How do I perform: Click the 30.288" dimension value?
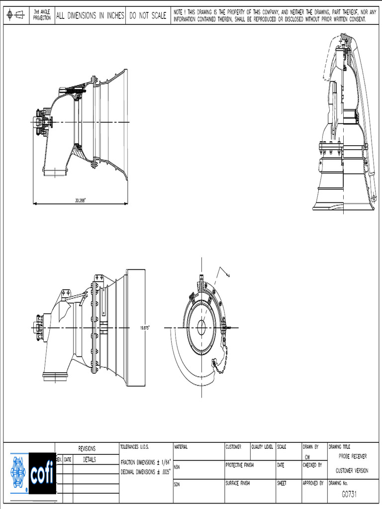pos(80,200)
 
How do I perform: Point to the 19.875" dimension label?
pos(145,328)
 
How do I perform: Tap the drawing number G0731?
pos(349,494)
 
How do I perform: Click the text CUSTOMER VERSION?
pos(352,470)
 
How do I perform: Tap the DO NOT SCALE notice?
pos(148,16)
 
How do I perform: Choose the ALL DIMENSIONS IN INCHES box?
pos(90,16)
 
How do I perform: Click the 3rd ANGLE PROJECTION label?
pos(42,15)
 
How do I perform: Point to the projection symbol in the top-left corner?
pos(16,15)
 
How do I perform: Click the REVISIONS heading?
pos(87,448)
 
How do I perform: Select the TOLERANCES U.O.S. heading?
pos(135,447)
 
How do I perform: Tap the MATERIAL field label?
pos(181,447)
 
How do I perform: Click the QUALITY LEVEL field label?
pos(263,447)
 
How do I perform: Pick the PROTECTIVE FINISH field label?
pos(240,465)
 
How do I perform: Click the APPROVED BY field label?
pos(313,483)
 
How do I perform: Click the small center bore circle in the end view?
pos(201,327)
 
